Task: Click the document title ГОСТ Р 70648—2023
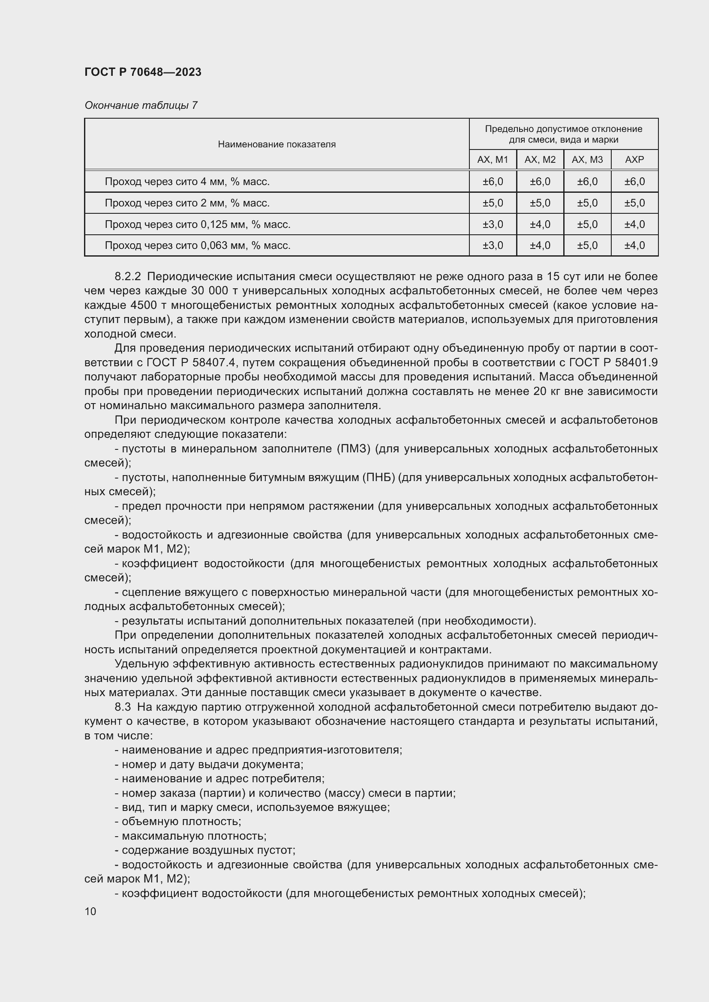click(143, 72)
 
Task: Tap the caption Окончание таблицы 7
click(141, 105)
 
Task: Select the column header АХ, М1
click(493, 160)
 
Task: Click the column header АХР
click(634, 160)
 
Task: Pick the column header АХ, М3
click(587, 160)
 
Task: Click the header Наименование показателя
click(277, 144)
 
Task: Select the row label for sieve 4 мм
click(187, 182)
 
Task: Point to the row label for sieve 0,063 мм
click(197, 246)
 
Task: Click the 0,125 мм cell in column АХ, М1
click(493, 224)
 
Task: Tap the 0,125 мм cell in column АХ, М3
click(587, 224)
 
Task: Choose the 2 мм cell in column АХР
click(634, 203)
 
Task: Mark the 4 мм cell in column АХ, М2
click(540, 182)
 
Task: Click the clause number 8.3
click(123, 707)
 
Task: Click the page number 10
click(90, 912)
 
